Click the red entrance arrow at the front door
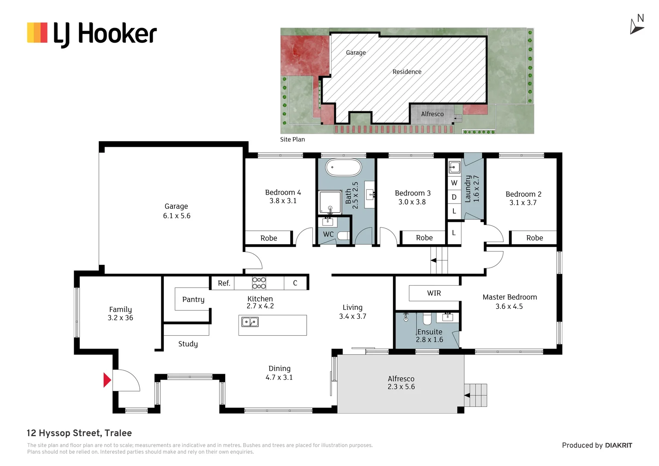point(107,380)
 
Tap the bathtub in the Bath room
point(343,168)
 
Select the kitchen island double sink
point(250,322)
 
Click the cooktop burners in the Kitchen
point(259,283)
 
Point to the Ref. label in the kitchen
point(224,283)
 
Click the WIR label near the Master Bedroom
point(434,293)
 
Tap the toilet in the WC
point(343,236)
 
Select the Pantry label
point(193,300)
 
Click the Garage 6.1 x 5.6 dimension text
point(176,216)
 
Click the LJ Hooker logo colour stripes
point(37,33)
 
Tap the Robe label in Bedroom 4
point(269,238)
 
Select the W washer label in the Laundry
point(454,183)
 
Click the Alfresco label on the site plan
point(432,114)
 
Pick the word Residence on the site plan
point(407,72)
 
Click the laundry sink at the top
point(454,168)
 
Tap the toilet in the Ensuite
point(427,318)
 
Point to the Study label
point(188,344)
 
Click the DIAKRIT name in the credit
point(619,445)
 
